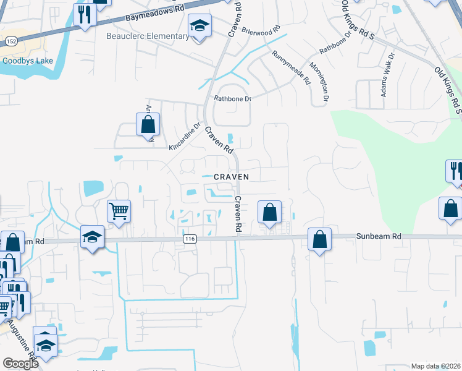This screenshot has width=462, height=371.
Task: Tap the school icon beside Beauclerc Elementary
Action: click(x=199, y=27)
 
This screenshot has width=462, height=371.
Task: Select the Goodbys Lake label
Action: click(x=27, y=61)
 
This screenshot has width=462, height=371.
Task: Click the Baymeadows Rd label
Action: click(x=154, y=14)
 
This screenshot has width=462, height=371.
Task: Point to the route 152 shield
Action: click(x=10, y=41)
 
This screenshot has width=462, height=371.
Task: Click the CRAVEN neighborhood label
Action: click(x=231, y=177)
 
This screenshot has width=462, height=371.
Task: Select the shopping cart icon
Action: click(x=119, y=210)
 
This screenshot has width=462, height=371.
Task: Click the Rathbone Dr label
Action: click(x=232, y=98)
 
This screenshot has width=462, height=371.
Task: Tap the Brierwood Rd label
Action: click(x=261, y=30)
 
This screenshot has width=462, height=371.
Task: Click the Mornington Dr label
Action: click(x=320, y=82)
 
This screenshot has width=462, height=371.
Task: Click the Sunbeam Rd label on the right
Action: click(x=379, y=236)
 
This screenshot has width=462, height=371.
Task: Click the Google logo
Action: click(x=20, y=364)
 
